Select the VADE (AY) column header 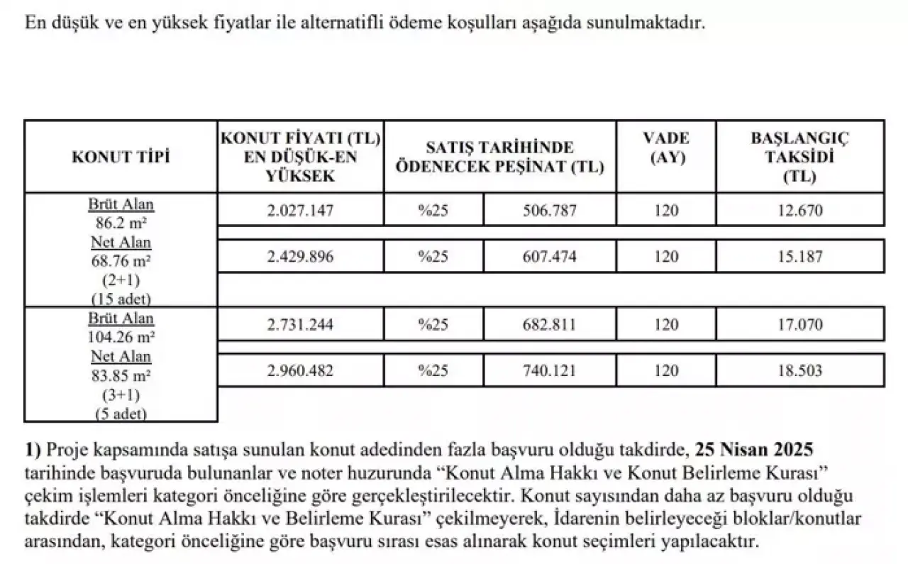[666, 148]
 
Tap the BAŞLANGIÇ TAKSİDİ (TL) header [799, 157]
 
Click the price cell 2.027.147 [301, 211]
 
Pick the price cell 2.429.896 [301, 257]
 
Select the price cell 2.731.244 [301, 325]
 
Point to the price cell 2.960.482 [301, 370]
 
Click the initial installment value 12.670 [799, 211]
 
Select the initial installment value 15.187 [799, 257]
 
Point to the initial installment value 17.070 [799, 325]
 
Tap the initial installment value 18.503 [799, 370]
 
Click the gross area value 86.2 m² [121, 221]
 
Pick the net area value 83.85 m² [121, 373]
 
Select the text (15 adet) [121, 297]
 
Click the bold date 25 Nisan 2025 [754, 450]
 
